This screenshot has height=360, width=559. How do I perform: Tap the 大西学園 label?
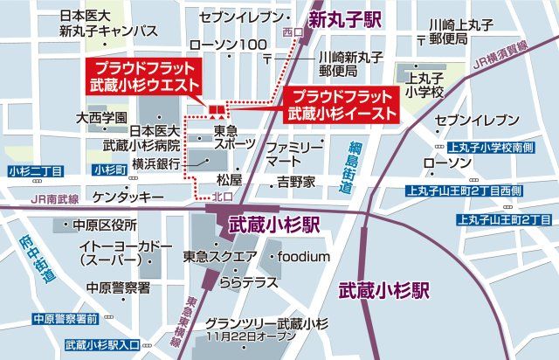tap(102, 116)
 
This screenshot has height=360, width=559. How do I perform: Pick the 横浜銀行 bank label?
tap(156, 163)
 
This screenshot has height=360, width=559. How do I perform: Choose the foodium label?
tap(302, 256)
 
